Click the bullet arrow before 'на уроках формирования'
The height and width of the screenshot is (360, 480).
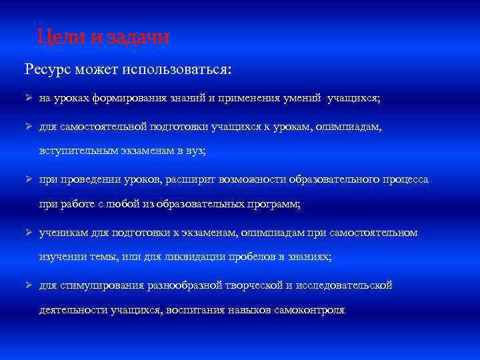[x=28, y=98]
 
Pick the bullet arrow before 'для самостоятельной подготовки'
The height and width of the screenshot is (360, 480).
[x=28, y=126]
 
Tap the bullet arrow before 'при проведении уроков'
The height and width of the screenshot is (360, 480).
[x=28, y=179]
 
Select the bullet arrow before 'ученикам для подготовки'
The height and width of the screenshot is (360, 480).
[x=28, y=232]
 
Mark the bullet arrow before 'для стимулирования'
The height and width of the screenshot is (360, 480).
[x=28, y=285]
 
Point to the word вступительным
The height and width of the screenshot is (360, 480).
[x=75, y=151]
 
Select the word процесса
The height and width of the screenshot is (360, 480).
[x=406, y=179]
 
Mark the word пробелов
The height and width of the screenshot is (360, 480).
[x=267, y=257]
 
